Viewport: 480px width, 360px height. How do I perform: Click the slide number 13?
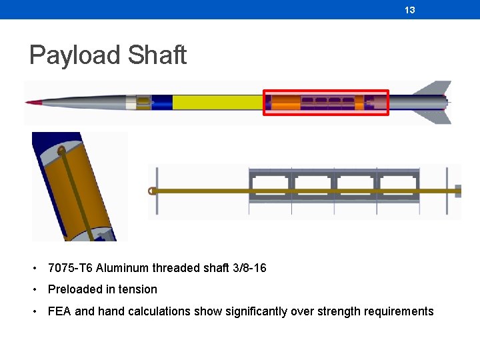(x=410, y=10)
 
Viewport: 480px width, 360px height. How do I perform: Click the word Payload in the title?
(x=74, y=55)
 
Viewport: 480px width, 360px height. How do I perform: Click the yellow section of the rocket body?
(x=217, y=102)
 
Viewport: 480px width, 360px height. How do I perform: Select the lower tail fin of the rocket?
(x=437, y=116)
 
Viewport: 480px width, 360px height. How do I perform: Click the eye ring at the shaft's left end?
(x=153, y=191)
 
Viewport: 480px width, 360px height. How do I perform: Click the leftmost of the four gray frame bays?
(x=270, y=191)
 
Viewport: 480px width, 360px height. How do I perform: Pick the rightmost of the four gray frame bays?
(x=399, y=191)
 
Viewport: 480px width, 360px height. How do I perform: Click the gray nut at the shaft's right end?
(x=458, y=191)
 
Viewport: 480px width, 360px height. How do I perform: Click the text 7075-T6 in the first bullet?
(x=69, y=268)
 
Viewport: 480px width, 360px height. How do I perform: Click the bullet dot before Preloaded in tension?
(x=33, y=290)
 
